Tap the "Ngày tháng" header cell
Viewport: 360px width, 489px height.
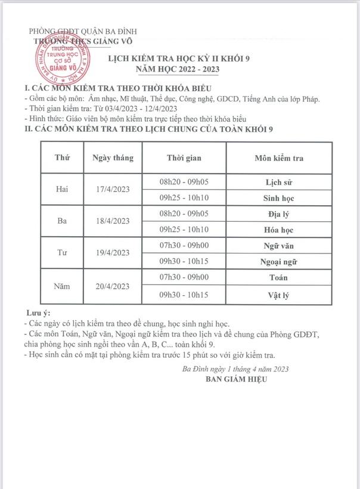point(113,157)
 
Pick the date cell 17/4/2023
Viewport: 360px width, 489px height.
point(113,189)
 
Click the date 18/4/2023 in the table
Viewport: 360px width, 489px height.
point(113,221)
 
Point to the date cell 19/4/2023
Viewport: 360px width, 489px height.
point(113,253)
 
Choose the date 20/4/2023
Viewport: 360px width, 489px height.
point(113,286)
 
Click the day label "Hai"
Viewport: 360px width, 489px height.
point(62,189)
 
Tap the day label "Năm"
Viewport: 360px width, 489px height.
point(62,286)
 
